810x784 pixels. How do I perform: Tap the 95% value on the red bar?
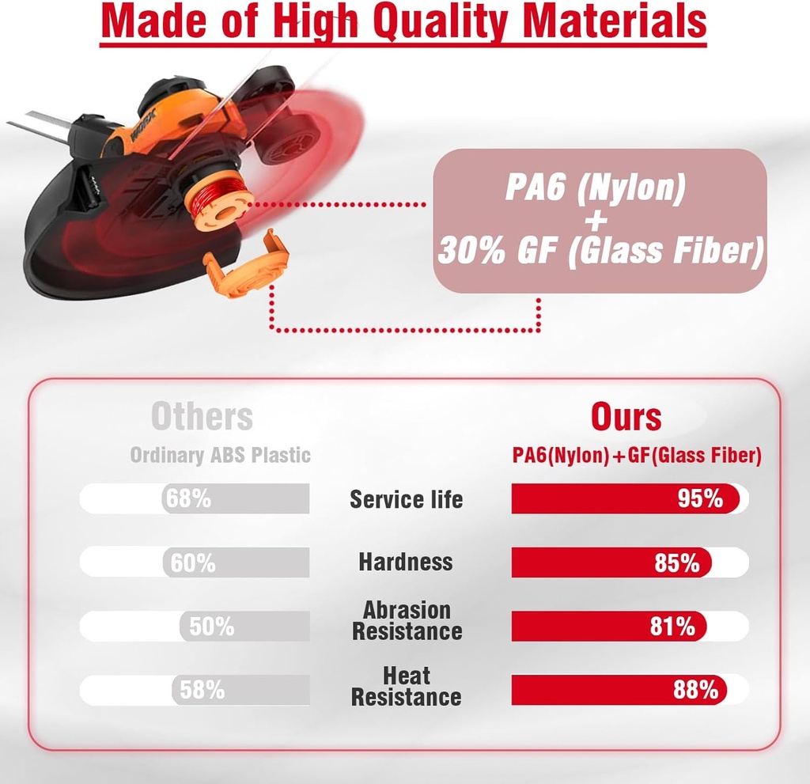point(700,498)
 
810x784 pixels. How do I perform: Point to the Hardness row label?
point(406,562)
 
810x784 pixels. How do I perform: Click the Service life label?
point(406,499)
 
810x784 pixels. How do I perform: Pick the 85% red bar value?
point(677,562)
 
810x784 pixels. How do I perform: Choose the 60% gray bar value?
point(193,562)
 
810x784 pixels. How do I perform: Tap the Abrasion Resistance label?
point(407,621)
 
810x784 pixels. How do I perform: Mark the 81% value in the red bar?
point(672,627)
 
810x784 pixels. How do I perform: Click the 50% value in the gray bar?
point(211,627)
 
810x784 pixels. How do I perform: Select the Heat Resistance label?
point(406,687)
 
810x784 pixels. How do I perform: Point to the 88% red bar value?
point(695,690)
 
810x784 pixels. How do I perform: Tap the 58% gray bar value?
point(202,690)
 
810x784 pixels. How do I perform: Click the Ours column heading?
point(626,417)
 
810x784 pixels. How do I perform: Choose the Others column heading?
point(202,417)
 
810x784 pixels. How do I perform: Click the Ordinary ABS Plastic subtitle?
point(220,456)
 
